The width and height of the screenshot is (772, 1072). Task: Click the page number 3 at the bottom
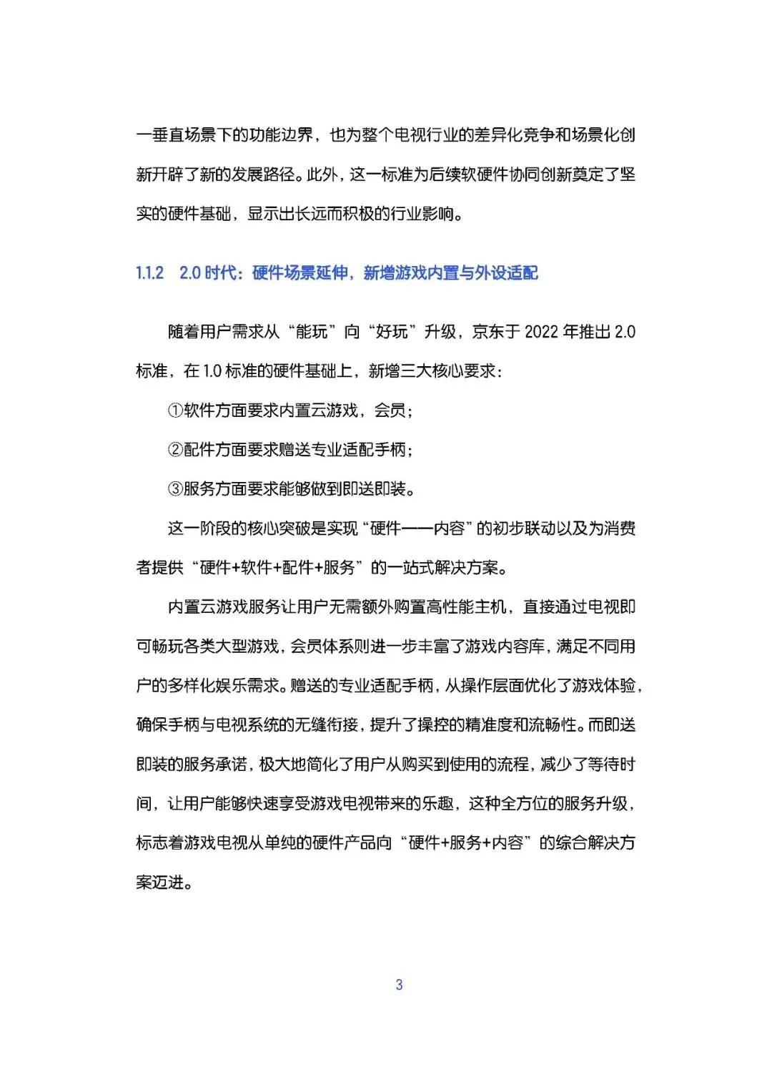(399, 985)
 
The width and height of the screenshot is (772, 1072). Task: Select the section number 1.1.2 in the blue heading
(149, 272)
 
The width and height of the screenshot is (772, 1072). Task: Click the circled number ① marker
(175, 410)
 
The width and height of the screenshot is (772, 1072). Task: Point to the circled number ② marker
(175, 450)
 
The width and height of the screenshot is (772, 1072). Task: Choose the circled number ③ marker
(175, 489)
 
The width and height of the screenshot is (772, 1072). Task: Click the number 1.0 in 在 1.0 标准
(212, 371)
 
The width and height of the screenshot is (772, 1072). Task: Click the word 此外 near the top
(320, 174)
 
